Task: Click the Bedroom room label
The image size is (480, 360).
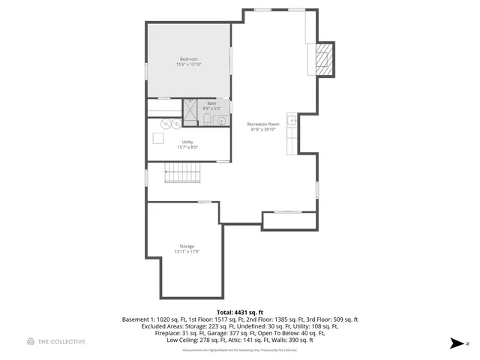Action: tap(188, 59)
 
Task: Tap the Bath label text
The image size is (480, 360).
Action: tap(211, 103)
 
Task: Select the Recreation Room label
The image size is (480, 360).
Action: tap(263, 124)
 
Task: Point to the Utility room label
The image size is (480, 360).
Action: tap(187, 142)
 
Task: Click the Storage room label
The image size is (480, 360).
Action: tap(187, 246)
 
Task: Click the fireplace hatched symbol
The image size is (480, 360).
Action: tap(322, 58)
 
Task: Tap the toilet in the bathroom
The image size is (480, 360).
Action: tap(206, 120)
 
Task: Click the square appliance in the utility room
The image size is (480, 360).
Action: tap(158, 138)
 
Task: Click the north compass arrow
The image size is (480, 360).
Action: tap(457, 343)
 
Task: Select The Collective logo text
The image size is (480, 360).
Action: tap(61, 342)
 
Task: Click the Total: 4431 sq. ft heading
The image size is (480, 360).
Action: tap(239, 312)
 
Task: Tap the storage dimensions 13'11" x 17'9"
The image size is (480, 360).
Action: tap(187, 252)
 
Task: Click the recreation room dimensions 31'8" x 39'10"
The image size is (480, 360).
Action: tap(263, 129)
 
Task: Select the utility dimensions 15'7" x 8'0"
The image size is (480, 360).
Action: tap(187, 147)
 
